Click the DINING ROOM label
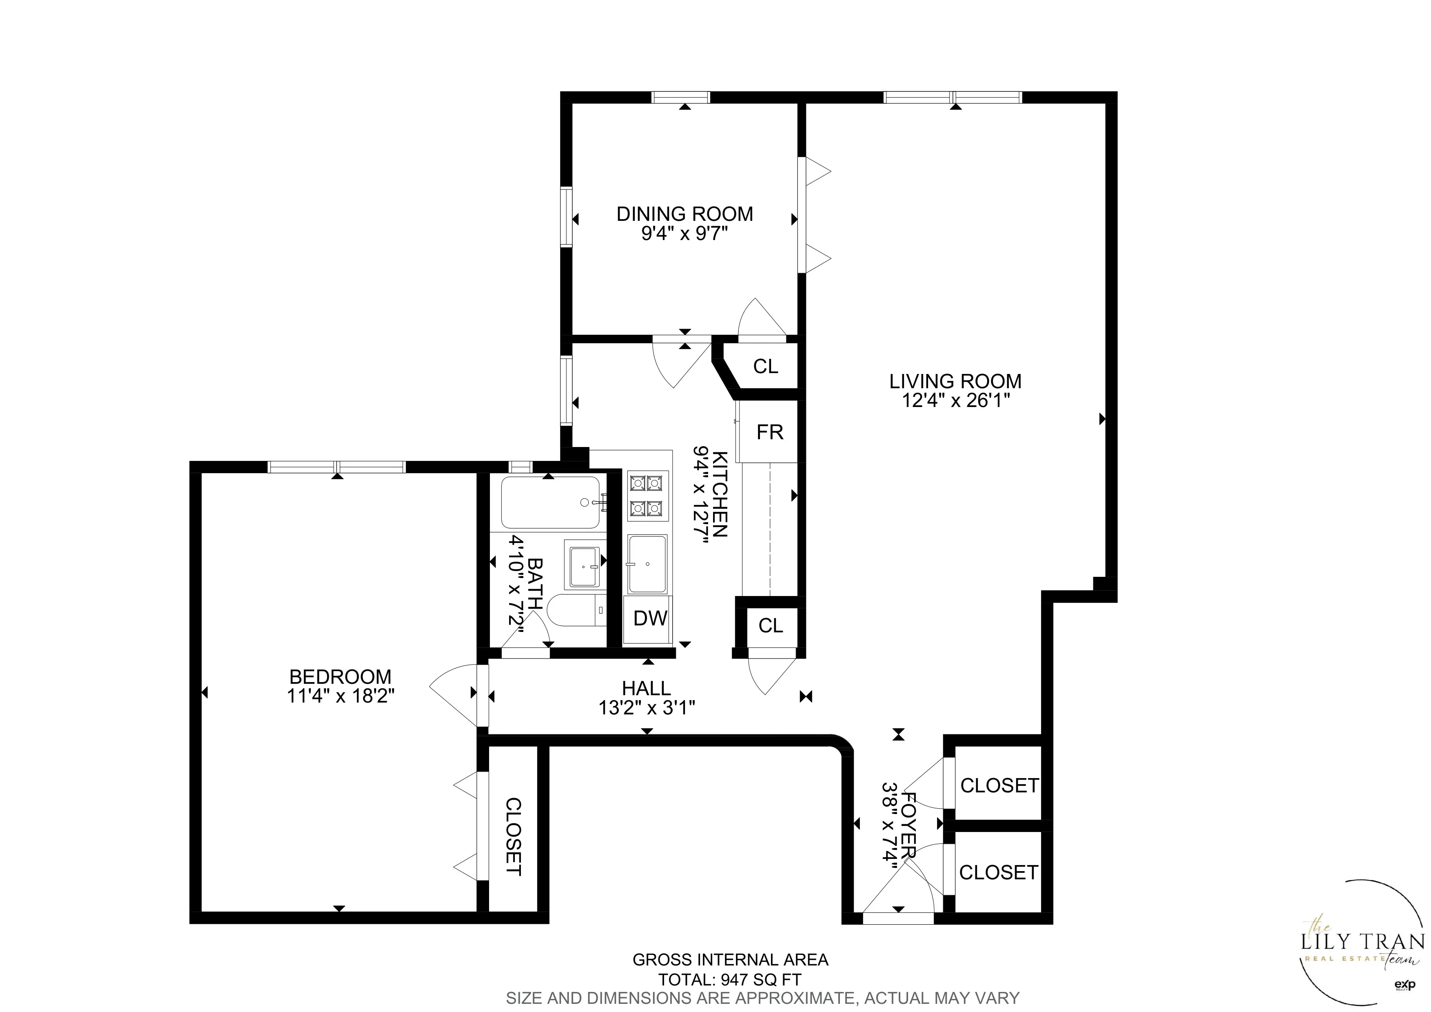[x=684, y=214]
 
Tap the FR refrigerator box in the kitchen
[x=769, y=432]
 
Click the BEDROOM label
[x=340, y=676]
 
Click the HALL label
[x=646, y=688]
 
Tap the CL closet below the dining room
[x=765, y=367]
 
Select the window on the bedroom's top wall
[x=337, y=467]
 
